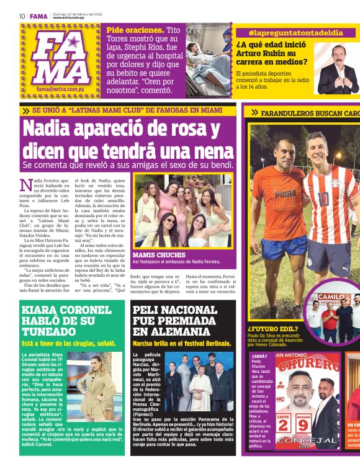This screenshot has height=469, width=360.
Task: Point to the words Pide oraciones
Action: click(135, 30)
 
